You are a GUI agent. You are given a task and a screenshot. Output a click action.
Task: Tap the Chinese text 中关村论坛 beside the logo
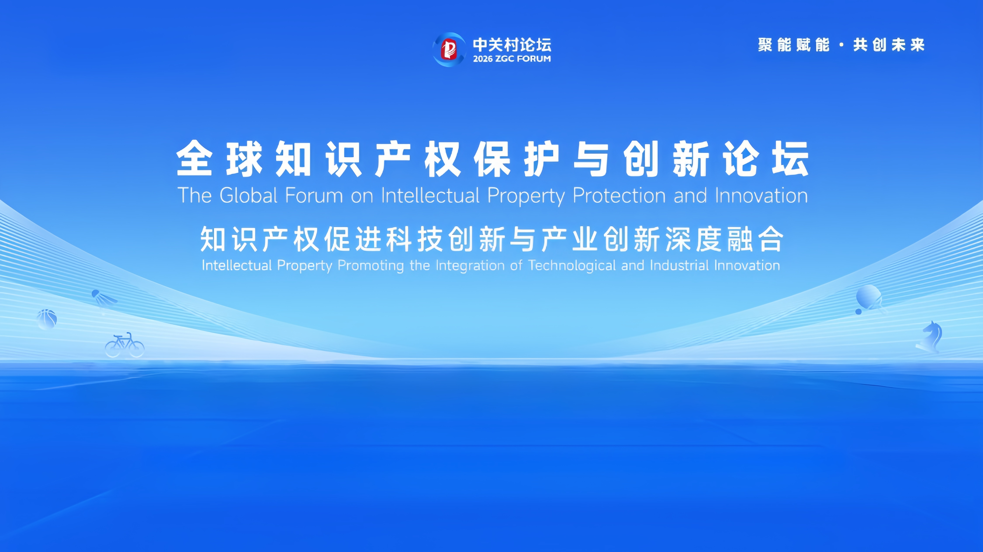point(512,45)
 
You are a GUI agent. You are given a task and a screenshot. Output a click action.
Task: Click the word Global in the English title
point(248,195)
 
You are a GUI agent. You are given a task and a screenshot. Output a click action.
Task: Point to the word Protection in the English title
point(619,195)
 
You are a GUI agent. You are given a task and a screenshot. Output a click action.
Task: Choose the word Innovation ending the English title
point(761,195)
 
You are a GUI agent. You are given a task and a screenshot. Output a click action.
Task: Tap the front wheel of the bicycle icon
point(136,349)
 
